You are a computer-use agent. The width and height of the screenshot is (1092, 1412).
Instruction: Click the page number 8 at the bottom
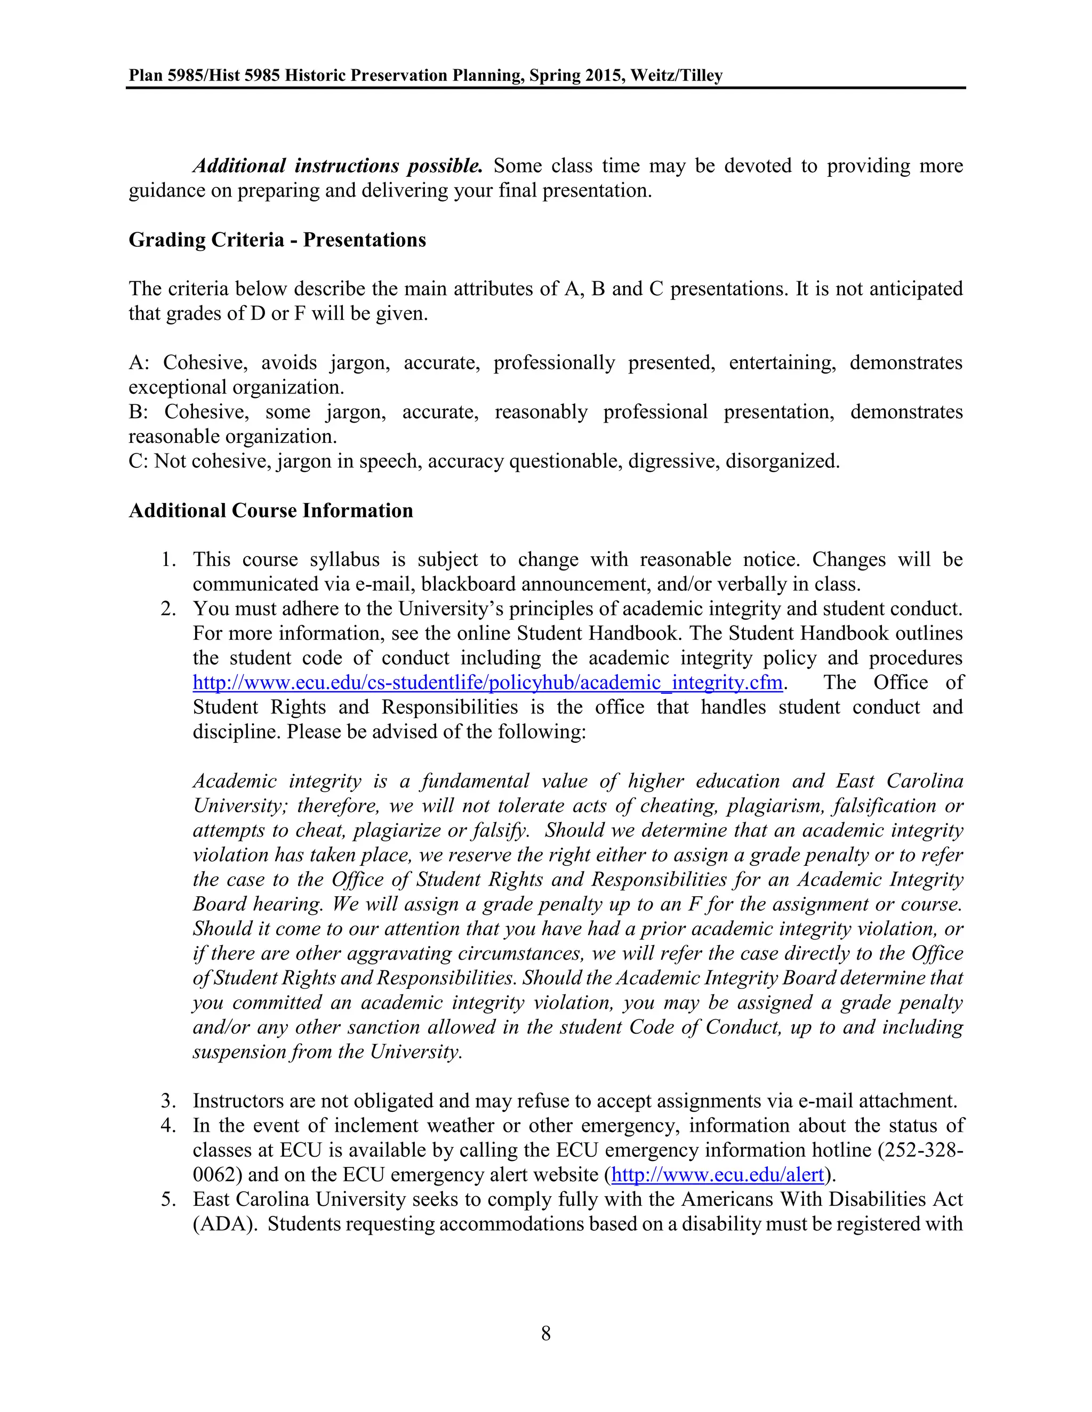point(545,1333)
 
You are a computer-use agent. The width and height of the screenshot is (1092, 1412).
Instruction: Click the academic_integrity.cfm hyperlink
point(487,683)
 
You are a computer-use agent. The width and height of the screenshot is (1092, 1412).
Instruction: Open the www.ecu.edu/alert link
point(717,1175)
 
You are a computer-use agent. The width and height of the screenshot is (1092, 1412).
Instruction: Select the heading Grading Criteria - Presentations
point(277,240)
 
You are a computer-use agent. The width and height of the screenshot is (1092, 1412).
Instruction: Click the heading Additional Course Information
point(270,511)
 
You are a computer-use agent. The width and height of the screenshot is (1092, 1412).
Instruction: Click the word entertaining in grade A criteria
point(782,363)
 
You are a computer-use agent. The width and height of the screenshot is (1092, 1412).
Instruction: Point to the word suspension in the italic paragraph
point(240,1052)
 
